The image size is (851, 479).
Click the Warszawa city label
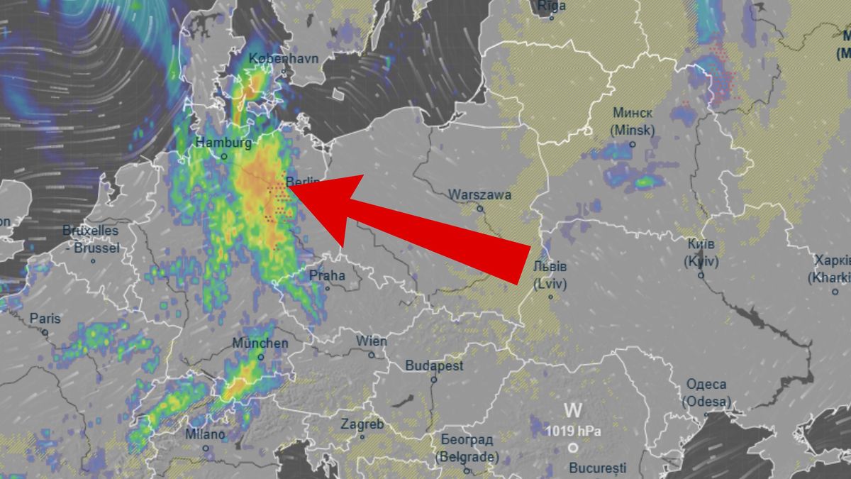pyautogui.click(x=480, y=194)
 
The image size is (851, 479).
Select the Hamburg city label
pyautogui.click(x=223, y=143)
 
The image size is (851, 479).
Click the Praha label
pyautogui.click(x=327, y=275)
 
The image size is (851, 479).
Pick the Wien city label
pyautogui.click(x=372, y=341)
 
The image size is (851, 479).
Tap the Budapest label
pyautogui.click(x=434, y=366)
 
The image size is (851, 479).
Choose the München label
pyautogui.click(x=260, y=343)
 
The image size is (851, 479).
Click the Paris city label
pyautogui.click(x=45, y=319)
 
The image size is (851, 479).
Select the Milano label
pyautogui.click(x=205, y=434)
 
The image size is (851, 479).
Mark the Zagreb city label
pyautogui.click(x=362, y=424)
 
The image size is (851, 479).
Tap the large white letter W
pyautogui.click(x=573, y=410)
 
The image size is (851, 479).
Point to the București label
pyautogui.click(x=598, y=468)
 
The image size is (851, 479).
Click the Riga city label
pyautogui.click(x=552, y=6)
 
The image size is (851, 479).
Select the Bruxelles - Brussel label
pyautogui.click(x=90, y=240)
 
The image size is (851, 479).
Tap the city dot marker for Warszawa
pyautogui.click(x=480, y=209)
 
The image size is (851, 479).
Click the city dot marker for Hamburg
pyautogui.click(x=223, y=156)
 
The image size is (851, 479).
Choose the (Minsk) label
pyautogui.click(x=633, y=131)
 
